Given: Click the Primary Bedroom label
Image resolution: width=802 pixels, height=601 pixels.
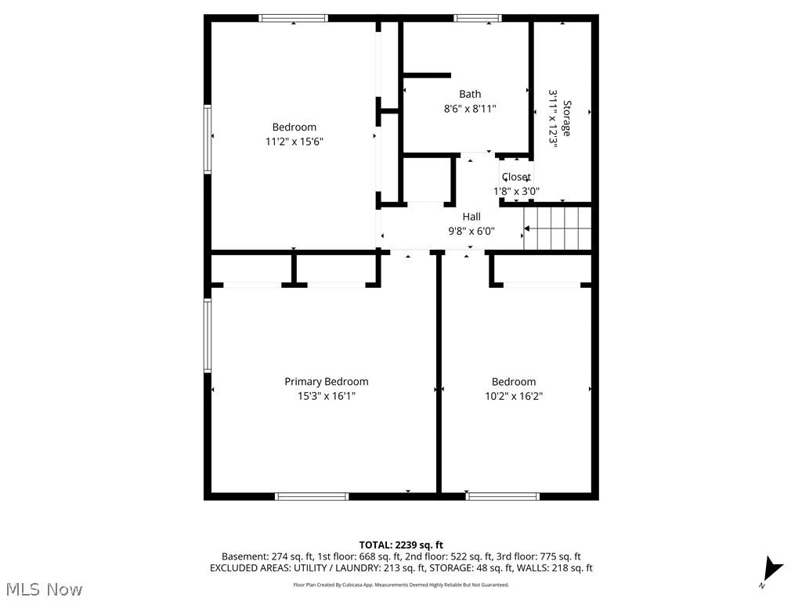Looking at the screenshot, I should pos(326,382).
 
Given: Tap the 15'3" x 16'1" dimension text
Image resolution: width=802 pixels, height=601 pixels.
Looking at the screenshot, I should pos(326,396).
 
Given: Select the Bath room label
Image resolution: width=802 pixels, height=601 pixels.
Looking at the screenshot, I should pos(470,95).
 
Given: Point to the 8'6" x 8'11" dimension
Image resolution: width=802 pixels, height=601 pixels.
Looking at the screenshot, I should pos(470,109).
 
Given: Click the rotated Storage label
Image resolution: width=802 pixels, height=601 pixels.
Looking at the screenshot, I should pos(566,118).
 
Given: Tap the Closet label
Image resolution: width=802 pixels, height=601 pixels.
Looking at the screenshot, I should pos(516,177).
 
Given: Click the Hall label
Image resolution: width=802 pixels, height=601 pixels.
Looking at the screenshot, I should pos(471,217).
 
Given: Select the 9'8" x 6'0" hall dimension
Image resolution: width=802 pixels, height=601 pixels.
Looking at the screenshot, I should pos(471,231).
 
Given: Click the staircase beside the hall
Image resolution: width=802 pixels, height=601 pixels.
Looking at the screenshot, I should pos(558,228).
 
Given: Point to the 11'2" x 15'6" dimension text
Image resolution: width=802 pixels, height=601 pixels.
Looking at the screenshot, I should pos(294,142).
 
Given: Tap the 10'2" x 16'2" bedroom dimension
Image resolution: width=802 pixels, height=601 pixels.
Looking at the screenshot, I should pos(514,396).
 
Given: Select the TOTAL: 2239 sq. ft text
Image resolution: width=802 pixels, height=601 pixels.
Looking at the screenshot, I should pos(401,545).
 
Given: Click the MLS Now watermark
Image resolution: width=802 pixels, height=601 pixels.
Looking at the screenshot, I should pos(43,588).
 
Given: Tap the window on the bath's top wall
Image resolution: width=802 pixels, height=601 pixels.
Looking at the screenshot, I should pos(477,18).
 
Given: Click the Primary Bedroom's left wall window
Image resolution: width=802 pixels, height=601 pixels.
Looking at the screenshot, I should pos(208,335).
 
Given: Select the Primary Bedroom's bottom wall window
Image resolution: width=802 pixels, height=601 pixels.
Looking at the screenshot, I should pos(312,496).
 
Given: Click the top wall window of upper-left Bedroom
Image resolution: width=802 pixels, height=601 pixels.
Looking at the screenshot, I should pos(293,18).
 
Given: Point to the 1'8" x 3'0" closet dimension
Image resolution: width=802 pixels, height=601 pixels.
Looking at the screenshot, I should pos(516,191).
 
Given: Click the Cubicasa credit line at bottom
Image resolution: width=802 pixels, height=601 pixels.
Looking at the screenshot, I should pos(401,585).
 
